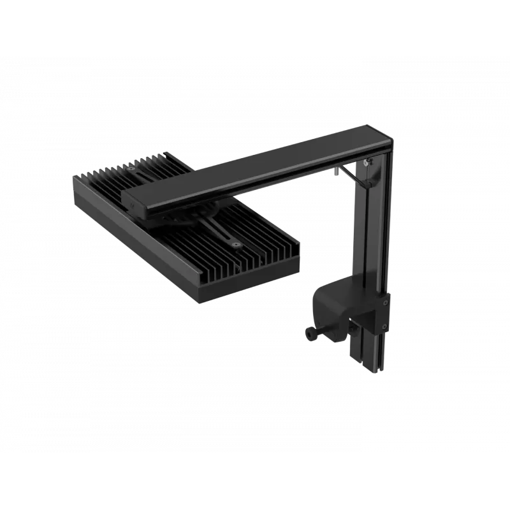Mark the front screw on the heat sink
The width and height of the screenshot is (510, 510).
(237, 243)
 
